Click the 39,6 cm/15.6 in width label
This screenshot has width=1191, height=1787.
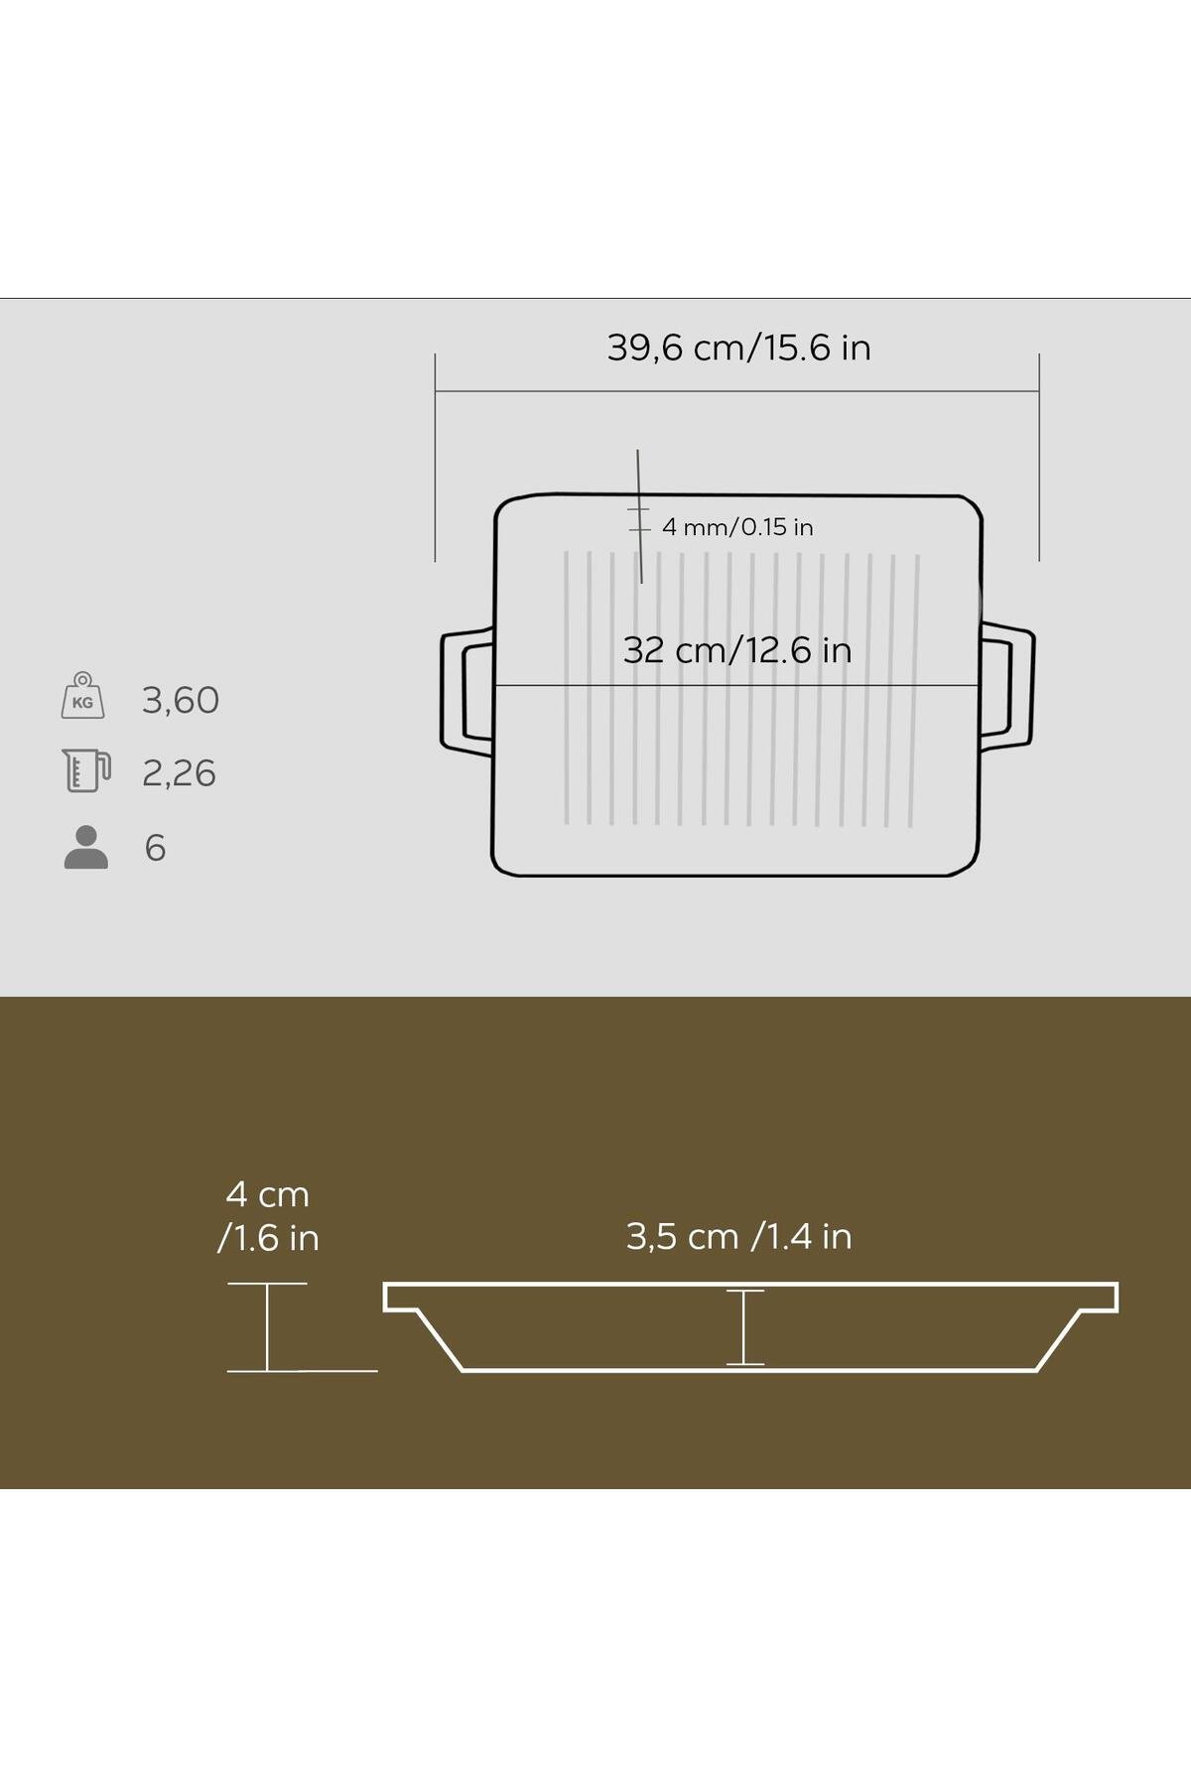(x=738, y=348)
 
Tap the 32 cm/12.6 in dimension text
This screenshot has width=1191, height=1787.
(x=737, y=650)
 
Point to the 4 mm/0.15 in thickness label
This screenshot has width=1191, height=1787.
(x=737, y=527)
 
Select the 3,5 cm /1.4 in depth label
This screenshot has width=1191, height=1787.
(x=738, y=1237)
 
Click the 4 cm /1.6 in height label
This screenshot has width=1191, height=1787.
(x=268, y=1216)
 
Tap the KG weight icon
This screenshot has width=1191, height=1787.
(x=82, y=695)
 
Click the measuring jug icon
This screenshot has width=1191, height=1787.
(x=86, y=771)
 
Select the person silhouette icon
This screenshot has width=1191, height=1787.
(x=86, y=848)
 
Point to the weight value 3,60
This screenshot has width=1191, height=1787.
(x=181, y=701)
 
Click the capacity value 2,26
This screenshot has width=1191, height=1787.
(x=179, y=773)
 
